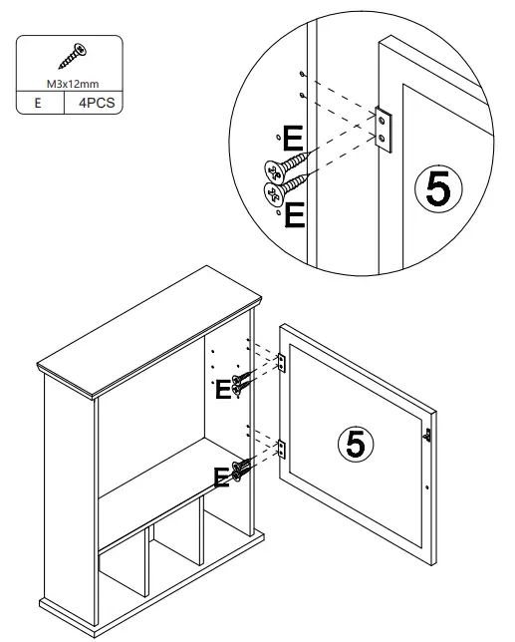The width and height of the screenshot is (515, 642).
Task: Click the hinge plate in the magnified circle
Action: [x=386, y=127]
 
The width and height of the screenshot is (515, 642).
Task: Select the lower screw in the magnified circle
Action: [x=281, y=185]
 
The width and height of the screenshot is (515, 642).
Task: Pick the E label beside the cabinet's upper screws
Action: [x=223, y=390]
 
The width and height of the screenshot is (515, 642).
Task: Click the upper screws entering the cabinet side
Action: [x=240, y=382]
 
